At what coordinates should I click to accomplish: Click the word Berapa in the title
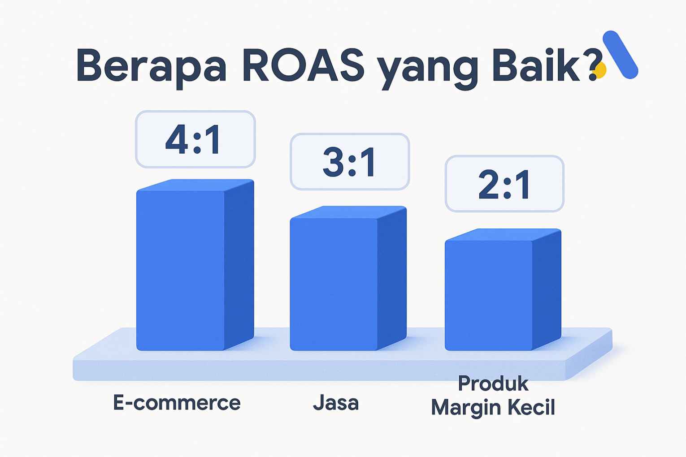pyautogui.click(x=152, y=66)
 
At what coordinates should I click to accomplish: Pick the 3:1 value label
pyautogui.click(x=350, y=162)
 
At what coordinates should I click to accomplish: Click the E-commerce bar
pyautogui.click(x=195, y=265)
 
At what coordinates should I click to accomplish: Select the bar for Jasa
pyautogui.click(x=348, y=278)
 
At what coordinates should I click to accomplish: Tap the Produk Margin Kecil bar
pyautogui.click(x=503, y=289)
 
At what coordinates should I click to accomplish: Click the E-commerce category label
pyautogui.click(x=177, y=402)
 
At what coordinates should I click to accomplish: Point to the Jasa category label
pyautogui.click(x=336, y=403)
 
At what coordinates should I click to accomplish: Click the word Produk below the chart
pyautogui.click(x=493, y=384)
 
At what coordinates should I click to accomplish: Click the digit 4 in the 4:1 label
pyautogui.click(x=176, y=140)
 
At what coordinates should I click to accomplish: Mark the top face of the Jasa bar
pyautogui.click(x=348, y=212)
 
